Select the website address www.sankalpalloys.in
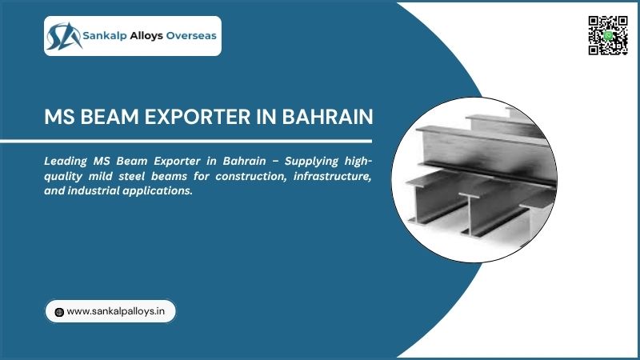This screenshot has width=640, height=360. coord(117,311)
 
